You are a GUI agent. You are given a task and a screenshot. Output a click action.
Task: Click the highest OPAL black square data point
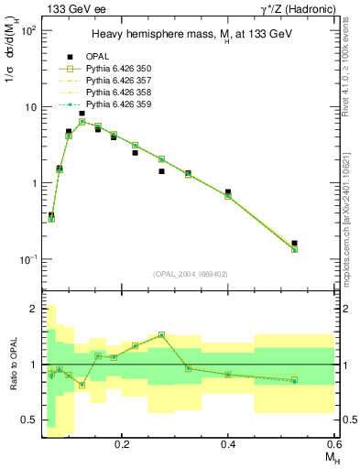(x=82, y=114)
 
